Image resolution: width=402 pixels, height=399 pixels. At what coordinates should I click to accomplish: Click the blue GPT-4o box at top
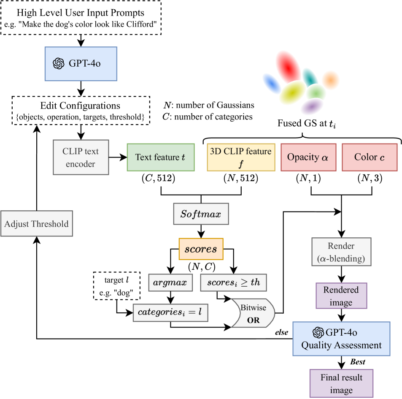click(x=81, y=64)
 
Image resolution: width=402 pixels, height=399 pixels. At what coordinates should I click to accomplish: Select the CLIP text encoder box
click(x=81, y=157)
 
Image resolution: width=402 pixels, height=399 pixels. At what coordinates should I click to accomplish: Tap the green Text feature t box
click(x=161, y=157)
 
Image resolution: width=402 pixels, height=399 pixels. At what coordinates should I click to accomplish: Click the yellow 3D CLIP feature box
click(x=241, y=157)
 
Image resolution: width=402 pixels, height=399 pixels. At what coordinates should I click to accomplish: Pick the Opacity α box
click(x=308, y=157)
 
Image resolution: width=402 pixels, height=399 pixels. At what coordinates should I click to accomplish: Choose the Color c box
click(x=370, y=157)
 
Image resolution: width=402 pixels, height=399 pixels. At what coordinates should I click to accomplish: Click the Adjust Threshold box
click(x=37, y=224)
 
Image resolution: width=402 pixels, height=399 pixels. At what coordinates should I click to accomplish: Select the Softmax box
click(x=201, y=214)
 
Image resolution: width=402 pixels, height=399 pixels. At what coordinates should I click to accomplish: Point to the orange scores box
click(x=201, y=249)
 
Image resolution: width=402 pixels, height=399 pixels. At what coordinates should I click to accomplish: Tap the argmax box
click(x=170, y=282)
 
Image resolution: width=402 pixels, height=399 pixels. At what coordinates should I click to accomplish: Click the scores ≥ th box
click(x=233, y=282)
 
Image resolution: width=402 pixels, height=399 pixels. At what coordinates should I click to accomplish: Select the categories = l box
click(x=170, y=313)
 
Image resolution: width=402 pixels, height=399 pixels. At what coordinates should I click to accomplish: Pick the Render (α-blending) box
click(x=341, y=252)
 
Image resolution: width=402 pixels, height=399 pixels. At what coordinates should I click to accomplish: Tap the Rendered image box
click(x=341, y=296)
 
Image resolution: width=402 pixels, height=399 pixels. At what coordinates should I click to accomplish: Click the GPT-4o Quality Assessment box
click(x=341, y=339)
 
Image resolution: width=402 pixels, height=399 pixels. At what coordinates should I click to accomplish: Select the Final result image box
click(x=341, y=383)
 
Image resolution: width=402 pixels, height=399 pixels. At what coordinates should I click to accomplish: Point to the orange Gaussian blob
click(x=331, y=80)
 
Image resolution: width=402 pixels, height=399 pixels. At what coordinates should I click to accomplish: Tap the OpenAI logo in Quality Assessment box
click(x=318, y=332)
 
